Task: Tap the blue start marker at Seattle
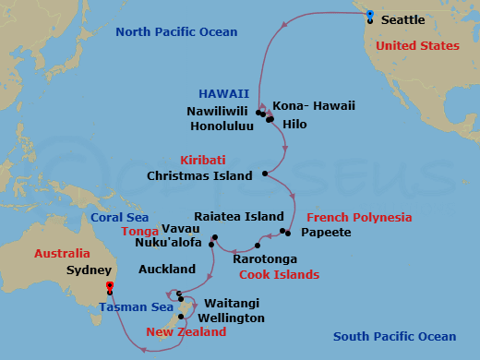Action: pos(369,16)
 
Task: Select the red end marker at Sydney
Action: pos(110,287)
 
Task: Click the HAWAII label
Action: pos(223,93)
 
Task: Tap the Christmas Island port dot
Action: pos(265,174)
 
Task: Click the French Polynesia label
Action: pos(358,218)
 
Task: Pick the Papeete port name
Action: pos(327,233)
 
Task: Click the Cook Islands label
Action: pos(279,274)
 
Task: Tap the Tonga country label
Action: pos(139,233)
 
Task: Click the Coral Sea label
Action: pos(119,218)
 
